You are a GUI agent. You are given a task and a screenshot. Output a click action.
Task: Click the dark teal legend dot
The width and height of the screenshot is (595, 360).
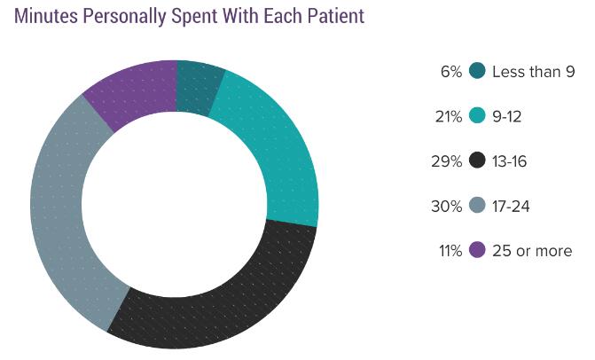[x=477, y=72]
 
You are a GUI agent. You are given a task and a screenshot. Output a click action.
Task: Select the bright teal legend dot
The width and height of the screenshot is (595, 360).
[x=477, y=116]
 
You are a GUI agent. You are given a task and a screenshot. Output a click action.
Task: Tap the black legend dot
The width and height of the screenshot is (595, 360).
[x=477, y=161]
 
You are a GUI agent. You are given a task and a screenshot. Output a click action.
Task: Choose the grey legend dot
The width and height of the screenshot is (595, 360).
[x=477, y=206]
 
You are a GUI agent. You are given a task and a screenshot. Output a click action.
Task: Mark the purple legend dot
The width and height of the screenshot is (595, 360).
[x=477, y=251]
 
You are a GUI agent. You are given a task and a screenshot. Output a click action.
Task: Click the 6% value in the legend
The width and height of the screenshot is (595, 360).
[x=450, y=72]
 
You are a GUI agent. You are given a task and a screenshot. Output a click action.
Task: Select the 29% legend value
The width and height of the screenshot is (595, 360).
[x=447, y=161]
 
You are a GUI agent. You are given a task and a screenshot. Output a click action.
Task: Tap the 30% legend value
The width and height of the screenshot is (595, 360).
[x=447, y=206]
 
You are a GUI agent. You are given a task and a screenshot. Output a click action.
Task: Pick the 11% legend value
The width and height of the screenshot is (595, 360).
[x=449, y=251]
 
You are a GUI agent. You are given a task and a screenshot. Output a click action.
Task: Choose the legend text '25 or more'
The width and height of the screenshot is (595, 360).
[x=532, y=251]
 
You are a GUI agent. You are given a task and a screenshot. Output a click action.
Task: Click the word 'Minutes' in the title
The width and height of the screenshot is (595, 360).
[x=49, y=17]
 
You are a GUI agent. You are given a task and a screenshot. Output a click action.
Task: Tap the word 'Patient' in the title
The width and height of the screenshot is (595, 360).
[x=333, y=17]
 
